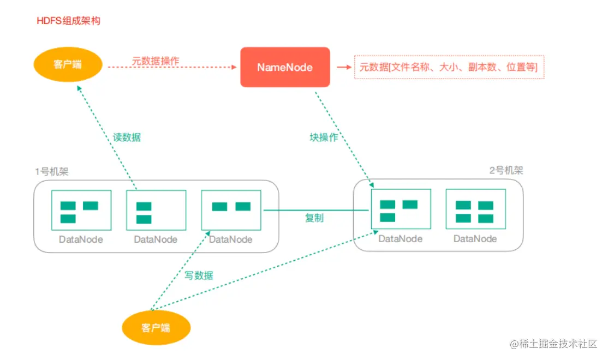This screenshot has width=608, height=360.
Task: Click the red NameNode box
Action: coord(285,67)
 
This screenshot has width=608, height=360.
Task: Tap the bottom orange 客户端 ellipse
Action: coord(156,328)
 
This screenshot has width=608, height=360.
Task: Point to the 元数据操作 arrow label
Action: coord(156,61)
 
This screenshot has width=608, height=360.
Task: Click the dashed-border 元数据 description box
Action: coord(449,67)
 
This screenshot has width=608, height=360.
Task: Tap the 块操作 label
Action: coord(324,137)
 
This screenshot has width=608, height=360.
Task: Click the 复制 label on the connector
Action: coord(314,218)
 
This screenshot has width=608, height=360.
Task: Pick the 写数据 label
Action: coord(199,275)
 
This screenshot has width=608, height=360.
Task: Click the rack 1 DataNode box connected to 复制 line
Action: coord(231,210)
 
